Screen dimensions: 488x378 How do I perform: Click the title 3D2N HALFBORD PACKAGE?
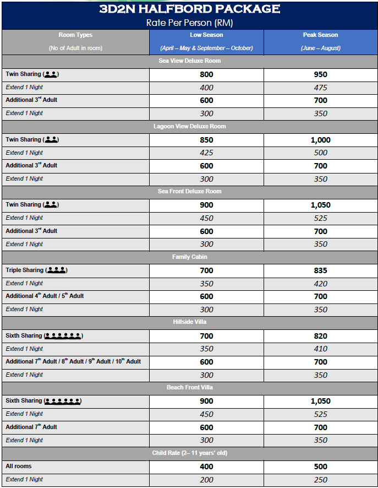pos(189,9)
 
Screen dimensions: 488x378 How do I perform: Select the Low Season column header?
pos(206,35)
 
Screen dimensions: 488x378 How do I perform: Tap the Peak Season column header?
pos(320,35)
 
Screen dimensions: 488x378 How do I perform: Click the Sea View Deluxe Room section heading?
pos(189,61)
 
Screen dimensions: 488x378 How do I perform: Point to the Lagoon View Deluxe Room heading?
pos(189,127)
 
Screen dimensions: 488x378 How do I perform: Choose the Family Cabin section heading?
pos(189,257)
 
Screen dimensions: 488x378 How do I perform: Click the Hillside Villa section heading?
pos(189,322)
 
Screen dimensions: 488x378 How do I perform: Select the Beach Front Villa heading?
pos(189,388)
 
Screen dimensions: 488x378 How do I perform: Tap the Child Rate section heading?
pos(189,453)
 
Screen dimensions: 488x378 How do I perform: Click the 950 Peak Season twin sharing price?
pos(320,75)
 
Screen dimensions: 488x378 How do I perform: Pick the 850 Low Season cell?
pos(206,140)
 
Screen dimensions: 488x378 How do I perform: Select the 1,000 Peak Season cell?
pos(320,140)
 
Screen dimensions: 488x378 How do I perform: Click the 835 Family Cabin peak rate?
pos(320,270)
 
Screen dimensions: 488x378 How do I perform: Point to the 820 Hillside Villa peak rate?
pos(320,336)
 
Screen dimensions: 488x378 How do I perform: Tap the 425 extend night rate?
pos(206,153)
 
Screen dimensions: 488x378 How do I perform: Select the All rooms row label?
pos(19,467)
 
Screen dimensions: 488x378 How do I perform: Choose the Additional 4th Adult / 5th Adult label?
pos(45,296)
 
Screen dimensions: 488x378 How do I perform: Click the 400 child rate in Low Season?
pos(206,467)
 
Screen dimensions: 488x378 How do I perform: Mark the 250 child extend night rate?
pos(320,480)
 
